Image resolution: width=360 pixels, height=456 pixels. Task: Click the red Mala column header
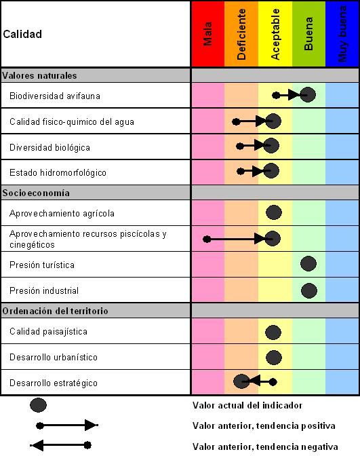tap(207, 34)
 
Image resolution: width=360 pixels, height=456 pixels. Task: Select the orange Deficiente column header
tap(241, 34)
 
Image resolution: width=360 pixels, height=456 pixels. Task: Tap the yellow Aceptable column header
tap(275, 34)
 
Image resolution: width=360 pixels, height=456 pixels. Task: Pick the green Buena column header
tap(309, 34)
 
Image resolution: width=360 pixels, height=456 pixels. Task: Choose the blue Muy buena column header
tap(342, 34)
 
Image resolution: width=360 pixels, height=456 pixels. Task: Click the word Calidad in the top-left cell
tap(22, 35)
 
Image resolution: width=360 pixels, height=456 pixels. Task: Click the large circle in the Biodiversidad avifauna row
tap(308, 94)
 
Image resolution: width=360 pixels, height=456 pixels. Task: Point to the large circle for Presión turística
tap(308, 263)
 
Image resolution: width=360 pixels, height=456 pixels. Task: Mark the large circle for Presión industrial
tap(309, 290)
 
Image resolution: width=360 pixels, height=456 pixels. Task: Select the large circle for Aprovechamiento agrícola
tap(274, 212)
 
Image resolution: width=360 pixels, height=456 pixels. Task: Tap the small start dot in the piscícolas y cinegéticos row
tap(207, 240)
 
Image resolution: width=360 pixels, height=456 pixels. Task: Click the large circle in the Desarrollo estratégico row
tap(241, 381)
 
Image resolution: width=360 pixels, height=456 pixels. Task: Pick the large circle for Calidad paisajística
tap(273, 332)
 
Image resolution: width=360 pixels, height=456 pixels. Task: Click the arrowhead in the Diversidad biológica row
tap(260, 145)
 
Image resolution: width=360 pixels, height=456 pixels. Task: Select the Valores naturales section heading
tap(39, 75)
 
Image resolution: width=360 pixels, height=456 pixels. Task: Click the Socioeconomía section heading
tap(36, 193)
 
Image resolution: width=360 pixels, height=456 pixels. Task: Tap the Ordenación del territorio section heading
tap(55, 311)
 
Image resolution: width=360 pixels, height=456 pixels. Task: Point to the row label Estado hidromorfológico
tap(58, 173)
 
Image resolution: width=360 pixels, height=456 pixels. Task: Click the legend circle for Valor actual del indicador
tap(38, 405)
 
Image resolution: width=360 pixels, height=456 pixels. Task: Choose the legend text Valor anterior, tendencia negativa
tap(265, 446)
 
